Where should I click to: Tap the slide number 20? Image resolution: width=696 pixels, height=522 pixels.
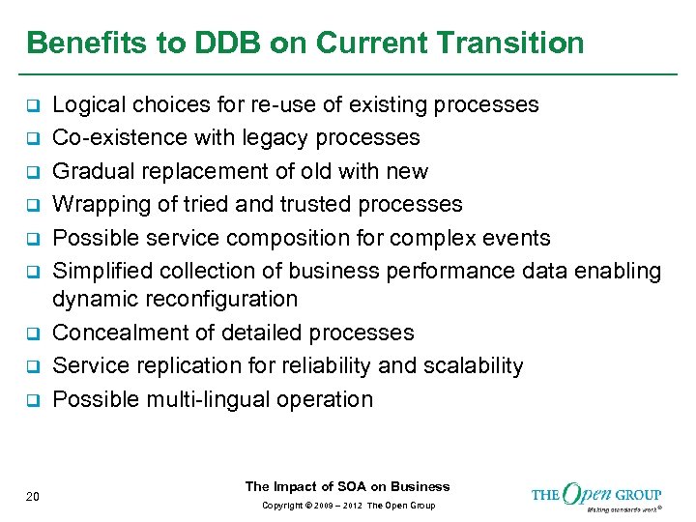click(x=33, y=497)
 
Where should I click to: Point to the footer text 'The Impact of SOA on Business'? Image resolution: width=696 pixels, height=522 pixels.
click(x=347, y=486)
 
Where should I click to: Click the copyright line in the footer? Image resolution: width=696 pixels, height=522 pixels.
click(x=347, y=506)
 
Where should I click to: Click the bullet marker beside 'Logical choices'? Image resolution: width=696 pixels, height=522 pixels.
click(x=32, y=105)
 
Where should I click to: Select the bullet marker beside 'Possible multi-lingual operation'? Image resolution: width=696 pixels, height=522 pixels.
click(x=32, y=400)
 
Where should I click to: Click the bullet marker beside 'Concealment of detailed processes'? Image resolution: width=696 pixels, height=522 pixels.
click(x=32, y=333)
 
